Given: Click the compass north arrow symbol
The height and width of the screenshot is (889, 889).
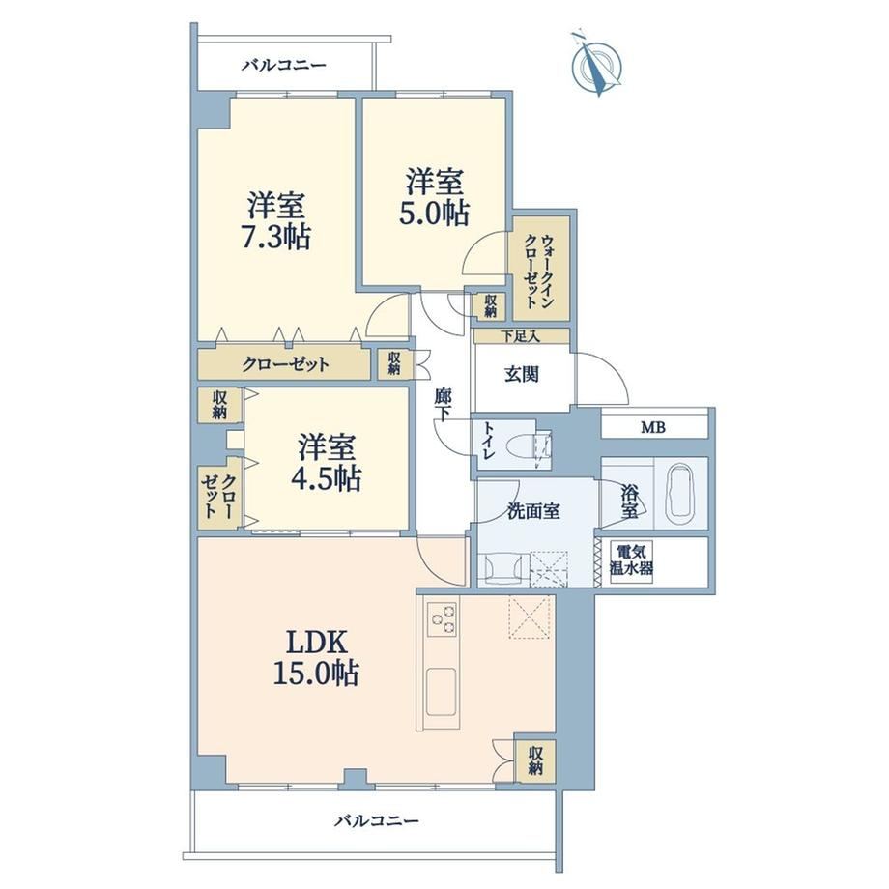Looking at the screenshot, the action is point(596,66).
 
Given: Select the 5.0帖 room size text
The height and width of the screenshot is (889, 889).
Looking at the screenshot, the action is point(435,214).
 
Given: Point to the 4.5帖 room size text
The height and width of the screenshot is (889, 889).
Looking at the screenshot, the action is point(326,478).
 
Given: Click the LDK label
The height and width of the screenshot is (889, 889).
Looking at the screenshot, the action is point(316,644).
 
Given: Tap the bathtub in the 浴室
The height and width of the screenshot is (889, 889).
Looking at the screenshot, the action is point(679,493).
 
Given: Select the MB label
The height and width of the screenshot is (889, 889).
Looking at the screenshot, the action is point(653,427).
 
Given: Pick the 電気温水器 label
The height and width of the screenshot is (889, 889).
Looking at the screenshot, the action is point(631,559).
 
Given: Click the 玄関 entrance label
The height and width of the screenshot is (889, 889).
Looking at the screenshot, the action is point(522,374).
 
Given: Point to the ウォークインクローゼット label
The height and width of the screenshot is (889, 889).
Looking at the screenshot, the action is point(539,271).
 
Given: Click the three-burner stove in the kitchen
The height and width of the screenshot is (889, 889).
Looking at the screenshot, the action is point(442,619).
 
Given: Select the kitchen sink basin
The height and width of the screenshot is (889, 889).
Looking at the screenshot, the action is point(441,691).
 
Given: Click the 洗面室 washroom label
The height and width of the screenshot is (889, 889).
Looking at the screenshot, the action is point(533,511).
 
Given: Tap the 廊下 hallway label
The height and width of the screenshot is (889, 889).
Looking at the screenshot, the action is point(443,405).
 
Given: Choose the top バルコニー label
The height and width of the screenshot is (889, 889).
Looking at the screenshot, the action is point(284,65).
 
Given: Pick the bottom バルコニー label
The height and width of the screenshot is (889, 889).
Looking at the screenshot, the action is point(377,821).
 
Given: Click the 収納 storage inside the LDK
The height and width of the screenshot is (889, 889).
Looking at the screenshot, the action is point(535,760).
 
